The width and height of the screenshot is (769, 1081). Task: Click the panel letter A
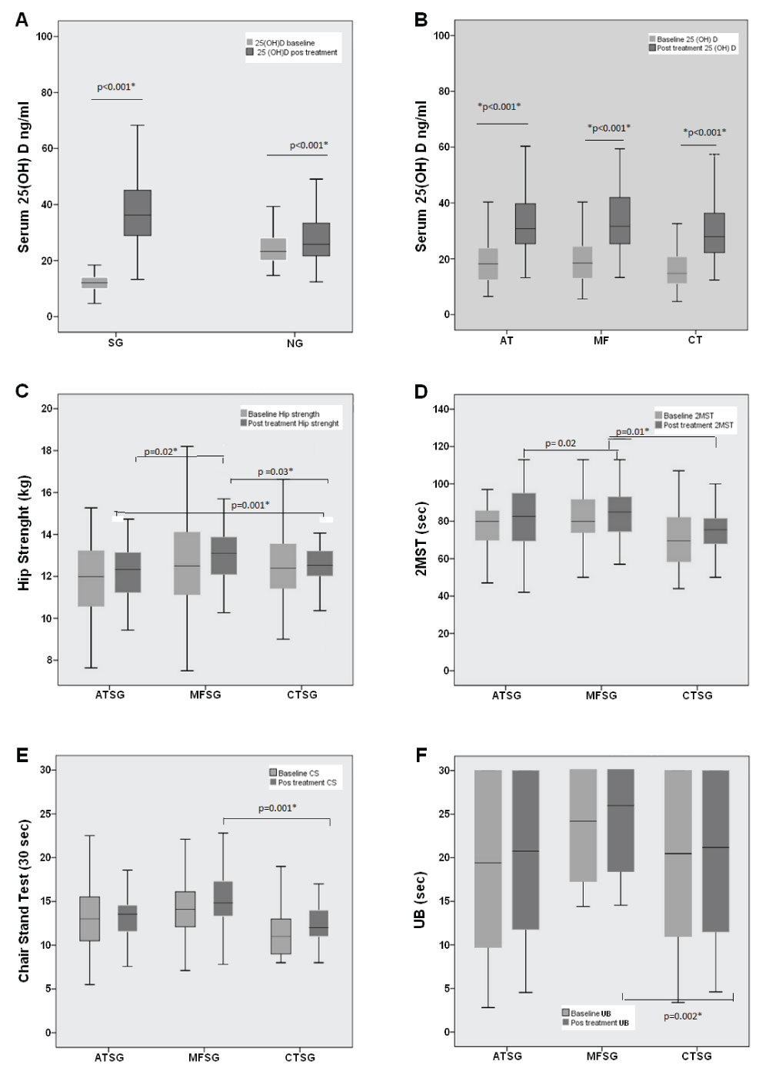tap(22, 19)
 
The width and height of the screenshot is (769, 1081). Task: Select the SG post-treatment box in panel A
tap(138, 213)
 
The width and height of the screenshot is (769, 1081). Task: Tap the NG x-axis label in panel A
tap(295, 343)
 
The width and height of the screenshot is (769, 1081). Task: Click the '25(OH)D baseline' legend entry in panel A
tap(284, 43)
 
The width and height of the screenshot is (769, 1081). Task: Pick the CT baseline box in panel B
tap(677, 270)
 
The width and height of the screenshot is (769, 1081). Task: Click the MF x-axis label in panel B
tap(601, 340)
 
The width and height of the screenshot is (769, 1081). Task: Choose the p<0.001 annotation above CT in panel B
tap(704, 132)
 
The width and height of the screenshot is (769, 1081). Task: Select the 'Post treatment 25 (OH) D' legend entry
tap(695, 48)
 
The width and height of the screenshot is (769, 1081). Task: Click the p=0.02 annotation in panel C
tap(161, 451)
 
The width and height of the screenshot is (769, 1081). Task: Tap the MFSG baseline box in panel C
tap(187, 563)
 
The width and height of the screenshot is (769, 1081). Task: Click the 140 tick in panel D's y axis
tap(441, 409)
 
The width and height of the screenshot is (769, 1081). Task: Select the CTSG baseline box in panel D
tap(677, 539)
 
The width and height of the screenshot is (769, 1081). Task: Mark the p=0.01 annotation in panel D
tap(633, 432)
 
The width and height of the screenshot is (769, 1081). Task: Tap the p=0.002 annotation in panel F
tap(683, 1016)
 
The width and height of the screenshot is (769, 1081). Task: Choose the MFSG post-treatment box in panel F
tap(621, 821)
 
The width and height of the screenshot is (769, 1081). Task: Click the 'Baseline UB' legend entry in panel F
tap(590, 1013)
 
